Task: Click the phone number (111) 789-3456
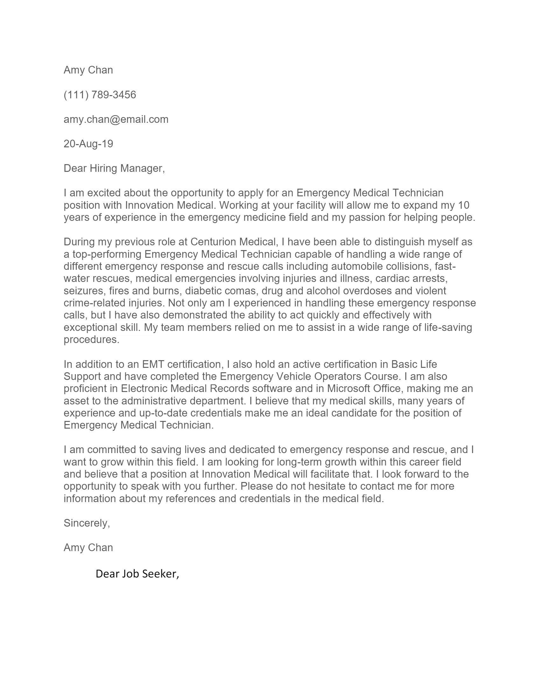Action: click(100, 95)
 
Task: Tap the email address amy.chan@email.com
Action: click(116, 119)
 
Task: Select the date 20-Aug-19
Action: click(88, 143)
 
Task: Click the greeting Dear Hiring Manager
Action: click(114, 168)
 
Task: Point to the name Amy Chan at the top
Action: click(88, 70)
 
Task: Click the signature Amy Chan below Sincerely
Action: click(88, 548)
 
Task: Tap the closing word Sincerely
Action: click(87, 523)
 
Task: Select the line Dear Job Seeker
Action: click(137, 574)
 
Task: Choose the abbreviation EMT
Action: click(153, 364)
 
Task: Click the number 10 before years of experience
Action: click(463, 205)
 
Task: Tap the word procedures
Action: click(91, 340)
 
